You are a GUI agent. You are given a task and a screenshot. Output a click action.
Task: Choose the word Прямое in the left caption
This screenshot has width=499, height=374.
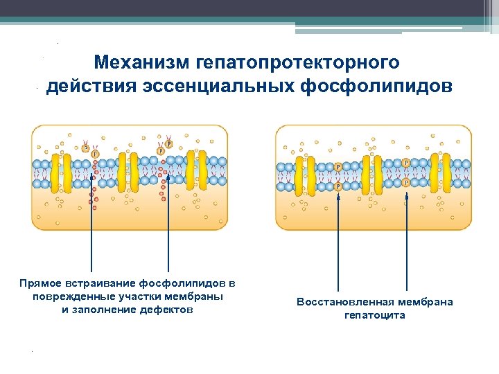pyautogui.click(x=42, y=283)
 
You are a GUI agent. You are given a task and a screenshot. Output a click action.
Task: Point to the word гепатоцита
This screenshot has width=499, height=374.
pyautogui.click(x=375, y=315)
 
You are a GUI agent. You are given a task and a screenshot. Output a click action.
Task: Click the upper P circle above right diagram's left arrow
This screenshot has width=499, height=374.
pyautogui.click(x=338, y=167)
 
